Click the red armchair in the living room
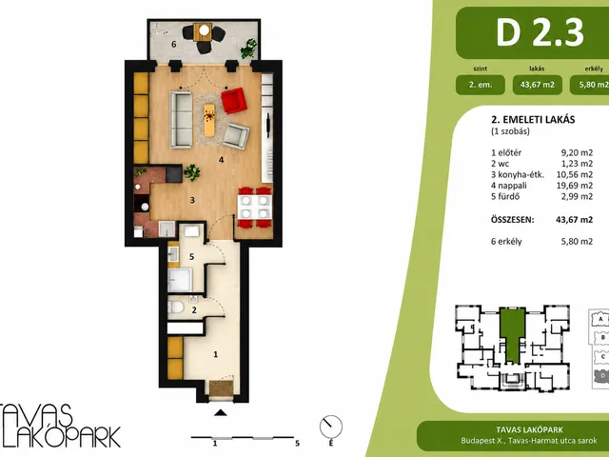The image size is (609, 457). pyautogui.click(x=234, y=101)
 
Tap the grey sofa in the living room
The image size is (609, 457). pyautogui.click(x=181, y=120)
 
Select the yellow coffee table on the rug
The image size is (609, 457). pyautogui.click(x=209, y=120)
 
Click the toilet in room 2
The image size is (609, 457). pyautogui.click(x=175, y=308)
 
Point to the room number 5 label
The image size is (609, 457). pyautogui.click(x=191, y=257)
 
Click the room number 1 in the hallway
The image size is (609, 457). pyautogui.click(x=216, y=354)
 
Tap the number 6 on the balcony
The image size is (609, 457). pyautogui.click(x=173, y=45)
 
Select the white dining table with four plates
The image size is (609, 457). pyautogui.click(x=254, y=208)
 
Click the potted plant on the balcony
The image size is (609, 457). pyautogui.click(x=248, y=49)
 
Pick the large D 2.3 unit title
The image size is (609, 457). pyautogui.click(x=540, y=32)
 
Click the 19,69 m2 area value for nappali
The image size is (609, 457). pyautogui.click(x=575, y=186)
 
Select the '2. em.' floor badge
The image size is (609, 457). pyautogui.click(x=481, y=85)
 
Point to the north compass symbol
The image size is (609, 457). pyautogui.click(x=331, y=427)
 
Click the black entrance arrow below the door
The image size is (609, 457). pyautogui.click(x=220, y=412)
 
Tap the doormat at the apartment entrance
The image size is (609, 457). pyautogui.click(x=222, y=388)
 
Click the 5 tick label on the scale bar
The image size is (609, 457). pyautogui.click(x=298, y=444)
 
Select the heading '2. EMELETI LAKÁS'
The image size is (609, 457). pyautogui.click(x=533, y=119)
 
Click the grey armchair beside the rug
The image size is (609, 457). pyautogui.click(x=236, y=135)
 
